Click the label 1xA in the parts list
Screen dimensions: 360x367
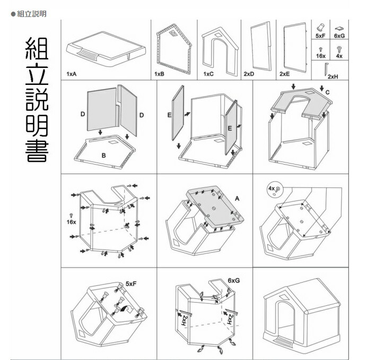pos(72,74)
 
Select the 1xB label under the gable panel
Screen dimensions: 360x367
pos(159,74)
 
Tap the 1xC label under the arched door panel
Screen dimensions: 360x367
pos(208,74)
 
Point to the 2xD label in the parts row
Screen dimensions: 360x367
pos(249,74)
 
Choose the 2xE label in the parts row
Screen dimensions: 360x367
pos(285,74)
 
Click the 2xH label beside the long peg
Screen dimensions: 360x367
pos(333,76)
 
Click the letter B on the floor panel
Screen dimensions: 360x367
pos(104,155)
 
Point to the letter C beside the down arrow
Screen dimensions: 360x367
pos(327,92)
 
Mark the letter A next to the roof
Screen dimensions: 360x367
pos(237,198)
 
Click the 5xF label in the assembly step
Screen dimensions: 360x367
pos(132,284)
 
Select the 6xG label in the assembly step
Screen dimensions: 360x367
pos(233,280)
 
